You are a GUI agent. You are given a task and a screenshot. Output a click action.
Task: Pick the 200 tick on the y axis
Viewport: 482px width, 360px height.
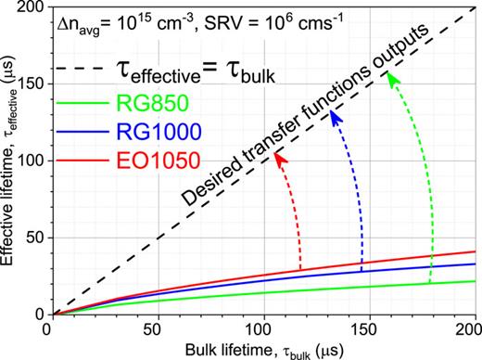pos(32,8)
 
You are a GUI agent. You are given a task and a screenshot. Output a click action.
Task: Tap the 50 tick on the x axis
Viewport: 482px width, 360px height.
pos(158,327)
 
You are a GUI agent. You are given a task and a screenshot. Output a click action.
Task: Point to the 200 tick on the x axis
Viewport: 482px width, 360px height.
pos(471,327)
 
